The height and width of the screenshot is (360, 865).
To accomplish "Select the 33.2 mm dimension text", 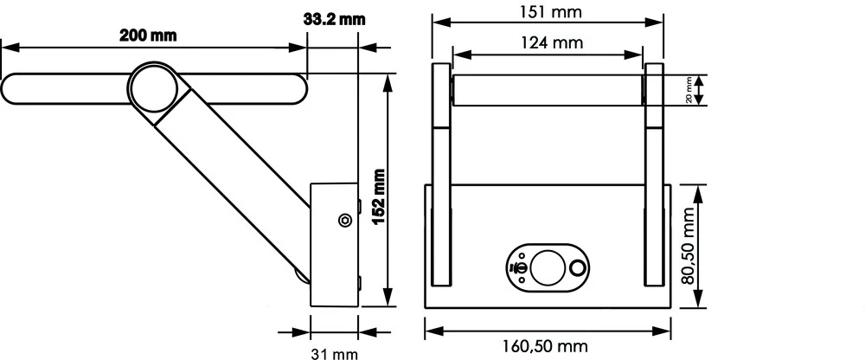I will click(330, 18).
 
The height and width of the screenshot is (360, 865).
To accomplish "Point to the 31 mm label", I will click(333, 353).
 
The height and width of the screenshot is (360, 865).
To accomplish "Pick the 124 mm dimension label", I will click(549, 42).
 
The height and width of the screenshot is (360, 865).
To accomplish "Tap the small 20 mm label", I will click(689, 90).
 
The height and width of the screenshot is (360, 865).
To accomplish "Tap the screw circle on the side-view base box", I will click(344, 221).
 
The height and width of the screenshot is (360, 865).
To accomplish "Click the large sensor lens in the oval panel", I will click(547, 267).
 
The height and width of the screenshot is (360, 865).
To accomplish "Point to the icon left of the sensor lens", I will click(520, 269).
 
